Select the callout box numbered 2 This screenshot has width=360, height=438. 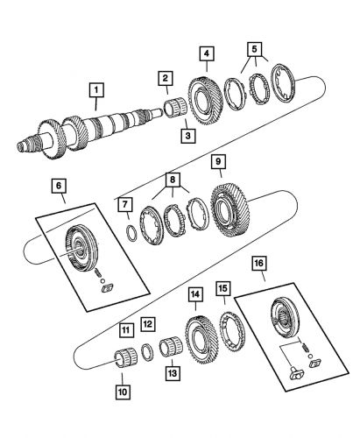(164, 79)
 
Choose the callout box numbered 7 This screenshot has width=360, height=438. (127, 205)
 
